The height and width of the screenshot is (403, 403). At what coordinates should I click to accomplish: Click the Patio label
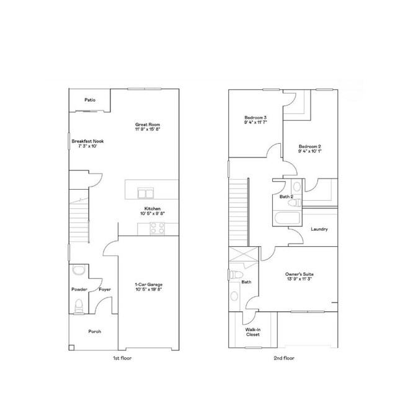(90, 100)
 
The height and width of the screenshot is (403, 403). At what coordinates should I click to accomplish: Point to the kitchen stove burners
(157, 229)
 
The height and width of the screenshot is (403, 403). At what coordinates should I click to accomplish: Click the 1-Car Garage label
(148, 285)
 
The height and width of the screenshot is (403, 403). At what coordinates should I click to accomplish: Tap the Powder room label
(79, 289)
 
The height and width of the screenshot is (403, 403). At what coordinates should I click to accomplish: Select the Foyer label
(105, 289)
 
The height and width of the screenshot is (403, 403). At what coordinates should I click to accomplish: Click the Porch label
(94, 331)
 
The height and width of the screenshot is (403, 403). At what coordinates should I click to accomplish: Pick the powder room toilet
(78, 306)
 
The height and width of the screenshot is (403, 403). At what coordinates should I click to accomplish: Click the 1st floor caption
(123, 358)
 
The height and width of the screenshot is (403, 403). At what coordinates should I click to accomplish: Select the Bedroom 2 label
(309, 147)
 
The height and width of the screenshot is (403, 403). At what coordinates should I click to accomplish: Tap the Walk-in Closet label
(253, 332)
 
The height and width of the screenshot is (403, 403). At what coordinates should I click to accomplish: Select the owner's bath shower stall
(239, 257)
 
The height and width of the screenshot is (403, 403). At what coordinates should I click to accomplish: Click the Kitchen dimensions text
(154, 213)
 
